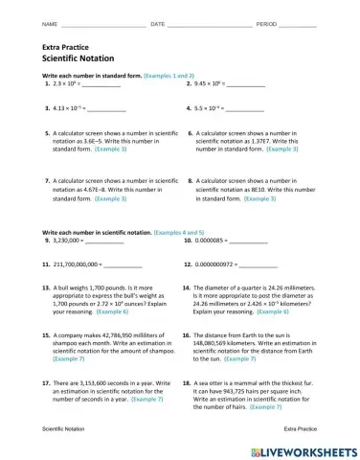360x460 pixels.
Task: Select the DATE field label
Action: point(158,23)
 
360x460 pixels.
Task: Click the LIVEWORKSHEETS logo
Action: point(304,450)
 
